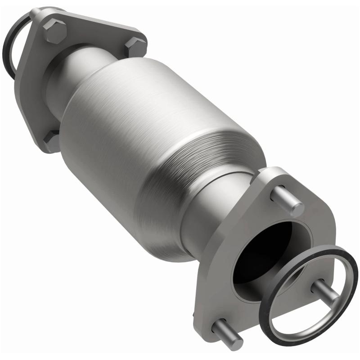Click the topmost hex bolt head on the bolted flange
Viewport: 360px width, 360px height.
coord(54,31)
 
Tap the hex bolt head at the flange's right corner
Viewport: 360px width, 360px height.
coord(135,46)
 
